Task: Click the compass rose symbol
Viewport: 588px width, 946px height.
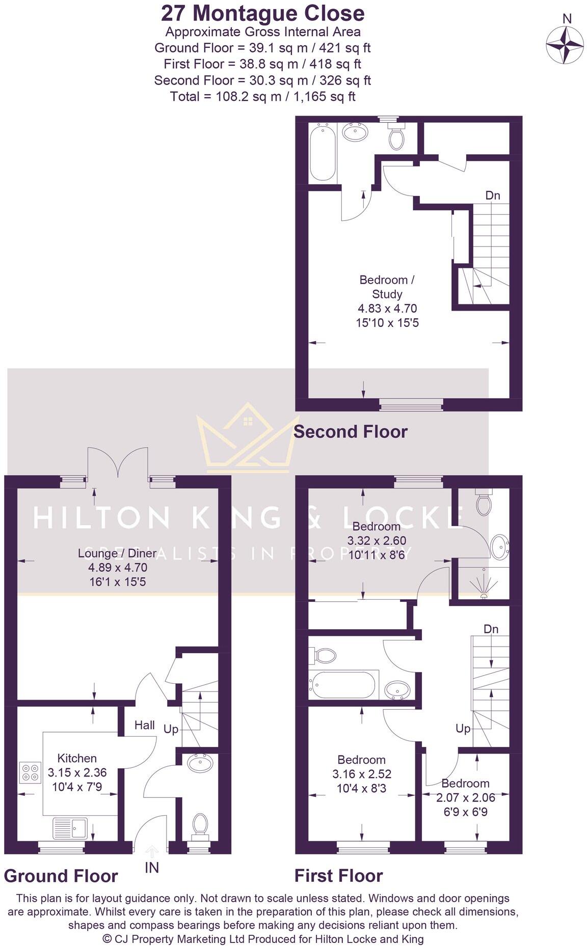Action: click(565, 44)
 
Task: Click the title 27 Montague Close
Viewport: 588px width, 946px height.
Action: click(262, 13)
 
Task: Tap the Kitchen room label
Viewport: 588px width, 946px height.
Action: click(76, 758)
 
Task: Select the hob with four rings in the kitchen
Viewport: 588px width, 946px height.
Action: click(30, 772)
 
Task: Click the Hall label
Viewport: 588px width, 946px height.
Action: click(145, 725)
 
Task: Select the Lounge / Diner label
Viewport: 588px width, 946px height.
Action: click(117, 553)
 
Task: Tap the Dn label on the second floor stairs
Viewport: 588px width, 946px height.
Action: click(492, 196)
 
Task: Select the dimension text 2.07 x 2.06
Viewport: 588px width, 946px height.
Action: click(465, 798)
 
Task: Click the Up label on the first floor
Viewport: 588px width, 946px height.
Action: click(463, 729)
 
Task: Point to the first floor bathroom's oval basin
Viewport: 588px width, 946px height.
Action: click(397, 691)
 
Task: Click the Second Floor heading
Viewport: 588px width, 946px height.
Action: click(351, 432)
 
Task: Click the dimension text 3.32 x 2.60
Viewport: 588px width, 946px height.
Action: click(377, 541)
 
